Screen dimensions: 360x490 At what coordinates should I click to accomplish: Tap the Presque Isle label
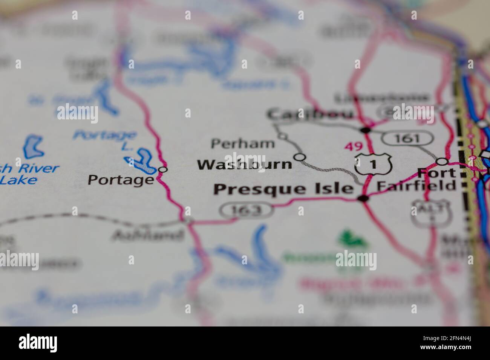point(283,189)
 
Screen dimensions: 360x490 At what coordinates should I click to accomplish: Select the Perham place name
point(243,143)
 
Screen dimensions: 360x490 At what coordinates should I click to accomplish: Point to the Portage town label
point(121,180)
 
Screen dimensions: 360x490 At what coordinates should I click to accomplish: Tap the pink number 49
point(353,146)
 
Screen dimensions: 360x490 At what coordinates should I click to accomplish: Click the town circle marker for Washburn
point(300,157)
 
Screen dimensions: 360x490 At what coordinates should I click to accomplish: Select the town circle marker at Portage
point(163,169)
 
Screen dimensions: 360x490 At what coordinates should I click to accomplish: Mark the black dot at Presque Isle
point(364,198)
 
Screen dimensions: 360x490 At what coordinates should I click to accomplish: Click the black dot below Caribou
point(365,130)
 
